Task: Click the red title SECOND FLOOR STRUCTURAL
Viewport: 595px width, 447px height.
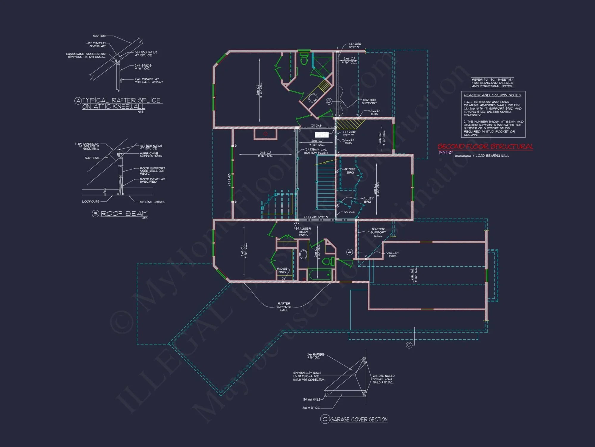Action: click(485, 146)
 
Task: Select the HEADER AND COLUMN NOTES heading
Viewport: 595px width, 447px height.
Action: click(492, 95)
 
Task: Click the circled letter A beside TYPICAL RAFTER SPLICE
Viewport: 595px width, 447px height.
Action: click(78, 100)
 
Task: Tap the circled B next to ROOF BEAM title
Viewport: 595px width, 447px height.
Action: click(95, 213)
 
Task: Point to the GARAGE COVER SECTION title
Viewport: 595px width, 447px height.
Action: click(359, 419)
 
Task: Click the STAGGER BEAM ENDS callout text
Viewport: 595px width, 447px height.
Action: click(303, 232)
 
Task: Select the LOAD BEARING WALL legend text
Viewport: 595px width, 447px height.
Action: click(492, 156)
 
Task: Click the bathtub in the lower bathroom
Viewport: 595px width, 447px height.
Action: click(320, 274)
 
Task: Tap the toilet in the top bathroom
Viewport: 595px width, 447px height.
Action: click(304, 59)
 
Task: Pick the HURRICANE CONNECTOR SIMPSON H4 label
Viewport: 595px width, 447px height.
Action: click(86, 55)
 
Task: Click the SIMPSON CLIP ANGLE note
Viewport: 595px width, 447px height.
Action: click(309, 376)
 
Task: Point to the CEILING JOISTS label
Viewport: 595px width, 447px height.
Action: click(152, 202)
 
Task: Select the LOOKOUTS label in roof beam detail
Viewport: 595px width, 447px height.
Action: click(91, 201)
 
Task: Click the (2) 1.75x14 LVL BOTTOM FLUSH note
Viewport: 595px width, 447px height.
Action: click(315, 151)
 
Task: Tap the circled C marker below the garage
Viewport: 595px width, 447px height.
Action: click(409, 345)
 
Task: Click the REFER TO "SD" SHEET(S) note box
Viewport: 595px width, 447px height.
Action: click(492, 83)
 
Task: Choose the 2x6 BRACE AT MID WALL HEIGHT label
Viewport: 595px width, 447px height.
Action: click(149, 81)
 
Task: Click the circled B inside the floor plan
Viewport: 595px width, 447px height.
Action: click(329, 101)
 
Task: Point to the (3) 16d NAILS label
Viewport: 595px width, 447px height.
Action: click(311, 400)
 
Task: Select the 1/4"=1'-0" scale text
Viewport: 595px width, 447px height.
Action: click(445, 153)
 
